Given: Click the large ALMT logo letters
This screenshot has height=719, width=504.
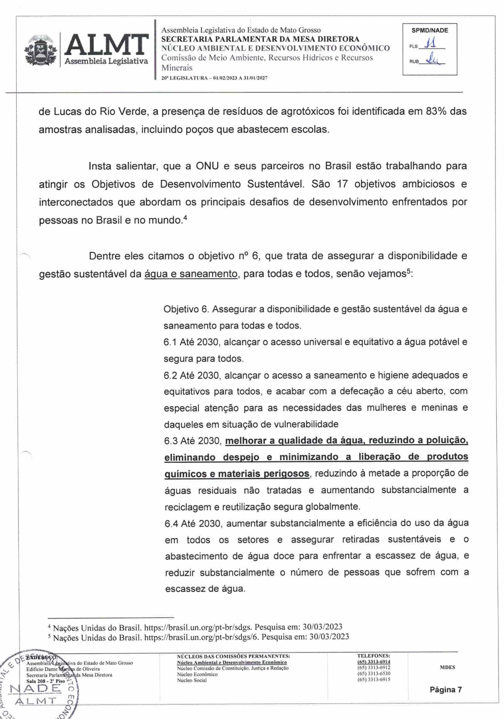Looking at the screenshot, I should click(x=106, y=45).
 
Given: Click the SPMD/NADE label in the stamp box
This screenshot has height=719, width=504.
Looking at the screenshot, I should click(x=429, y=31).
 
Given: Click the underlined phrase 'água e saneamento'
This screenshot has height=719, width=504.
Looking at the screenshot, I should click(x=191, y=274).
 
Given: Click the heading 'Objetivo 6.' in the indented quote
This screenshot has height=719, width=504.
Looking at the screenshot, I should click(x=186, y=309).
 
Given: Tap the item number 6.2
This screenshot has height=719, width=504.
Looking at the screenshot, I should click(x=170, y=375).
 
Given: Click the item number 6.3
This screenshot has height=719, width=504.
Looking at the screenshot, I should click(x=171, y=441).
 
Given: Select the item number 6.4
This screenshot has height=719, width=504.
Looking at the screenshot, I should click(x=171, y=523).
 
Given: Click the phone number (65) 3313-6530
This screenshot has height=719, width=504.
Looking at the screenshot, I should click(x=374, y=673).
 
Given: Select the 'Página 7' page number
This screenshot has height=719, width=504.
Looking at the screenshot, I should click(x=446, y=690).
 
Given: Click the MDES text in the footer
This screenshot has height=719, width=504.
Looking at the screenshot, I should click(x=447, y=667).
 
